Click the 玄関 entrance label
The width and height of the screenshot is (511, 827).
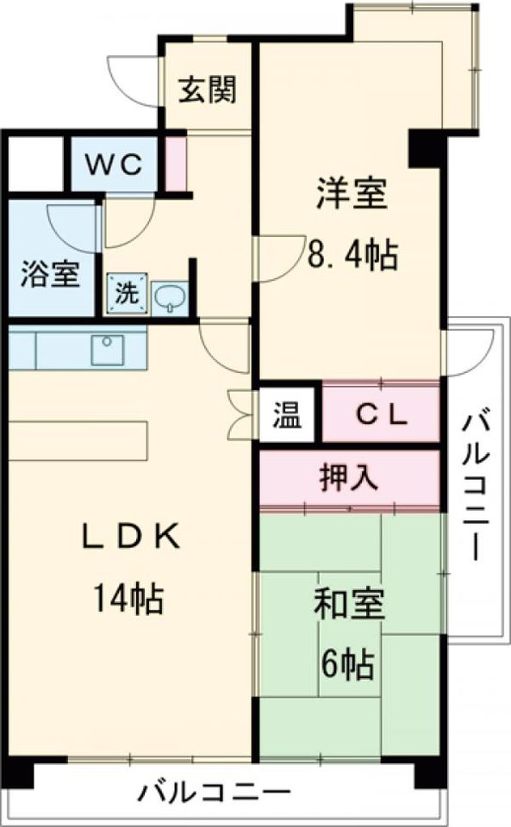pyautogui.click(x=207, y=89)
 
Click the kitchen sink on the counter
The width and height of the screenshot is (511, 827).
pyautogui.click(x=108, y=349)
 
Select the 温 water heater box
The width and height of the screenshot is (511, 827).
pyautogui.click(x=288, y=416)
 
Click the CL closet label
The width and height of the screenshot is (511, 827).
pyautogui.click(x=380, y=416)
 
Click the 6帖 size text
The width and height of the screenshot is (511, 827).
pyautogui.click(x=348, y=662)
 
